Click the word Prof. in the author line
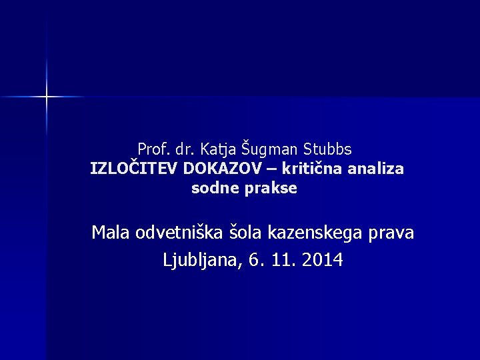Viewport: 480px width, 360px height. (x=152, y=148)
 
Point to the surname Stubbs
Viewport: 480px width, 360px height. (x=328, y=148)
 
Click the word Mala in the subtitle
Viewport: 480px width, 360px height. (x=111, y=233)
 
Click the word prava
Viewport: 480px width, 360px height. (x=392, y=234)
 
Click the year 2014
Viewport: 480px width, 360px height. (x=323, y=259)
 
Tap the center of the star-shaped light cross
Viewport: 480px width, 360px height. (x=47, y=97)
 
